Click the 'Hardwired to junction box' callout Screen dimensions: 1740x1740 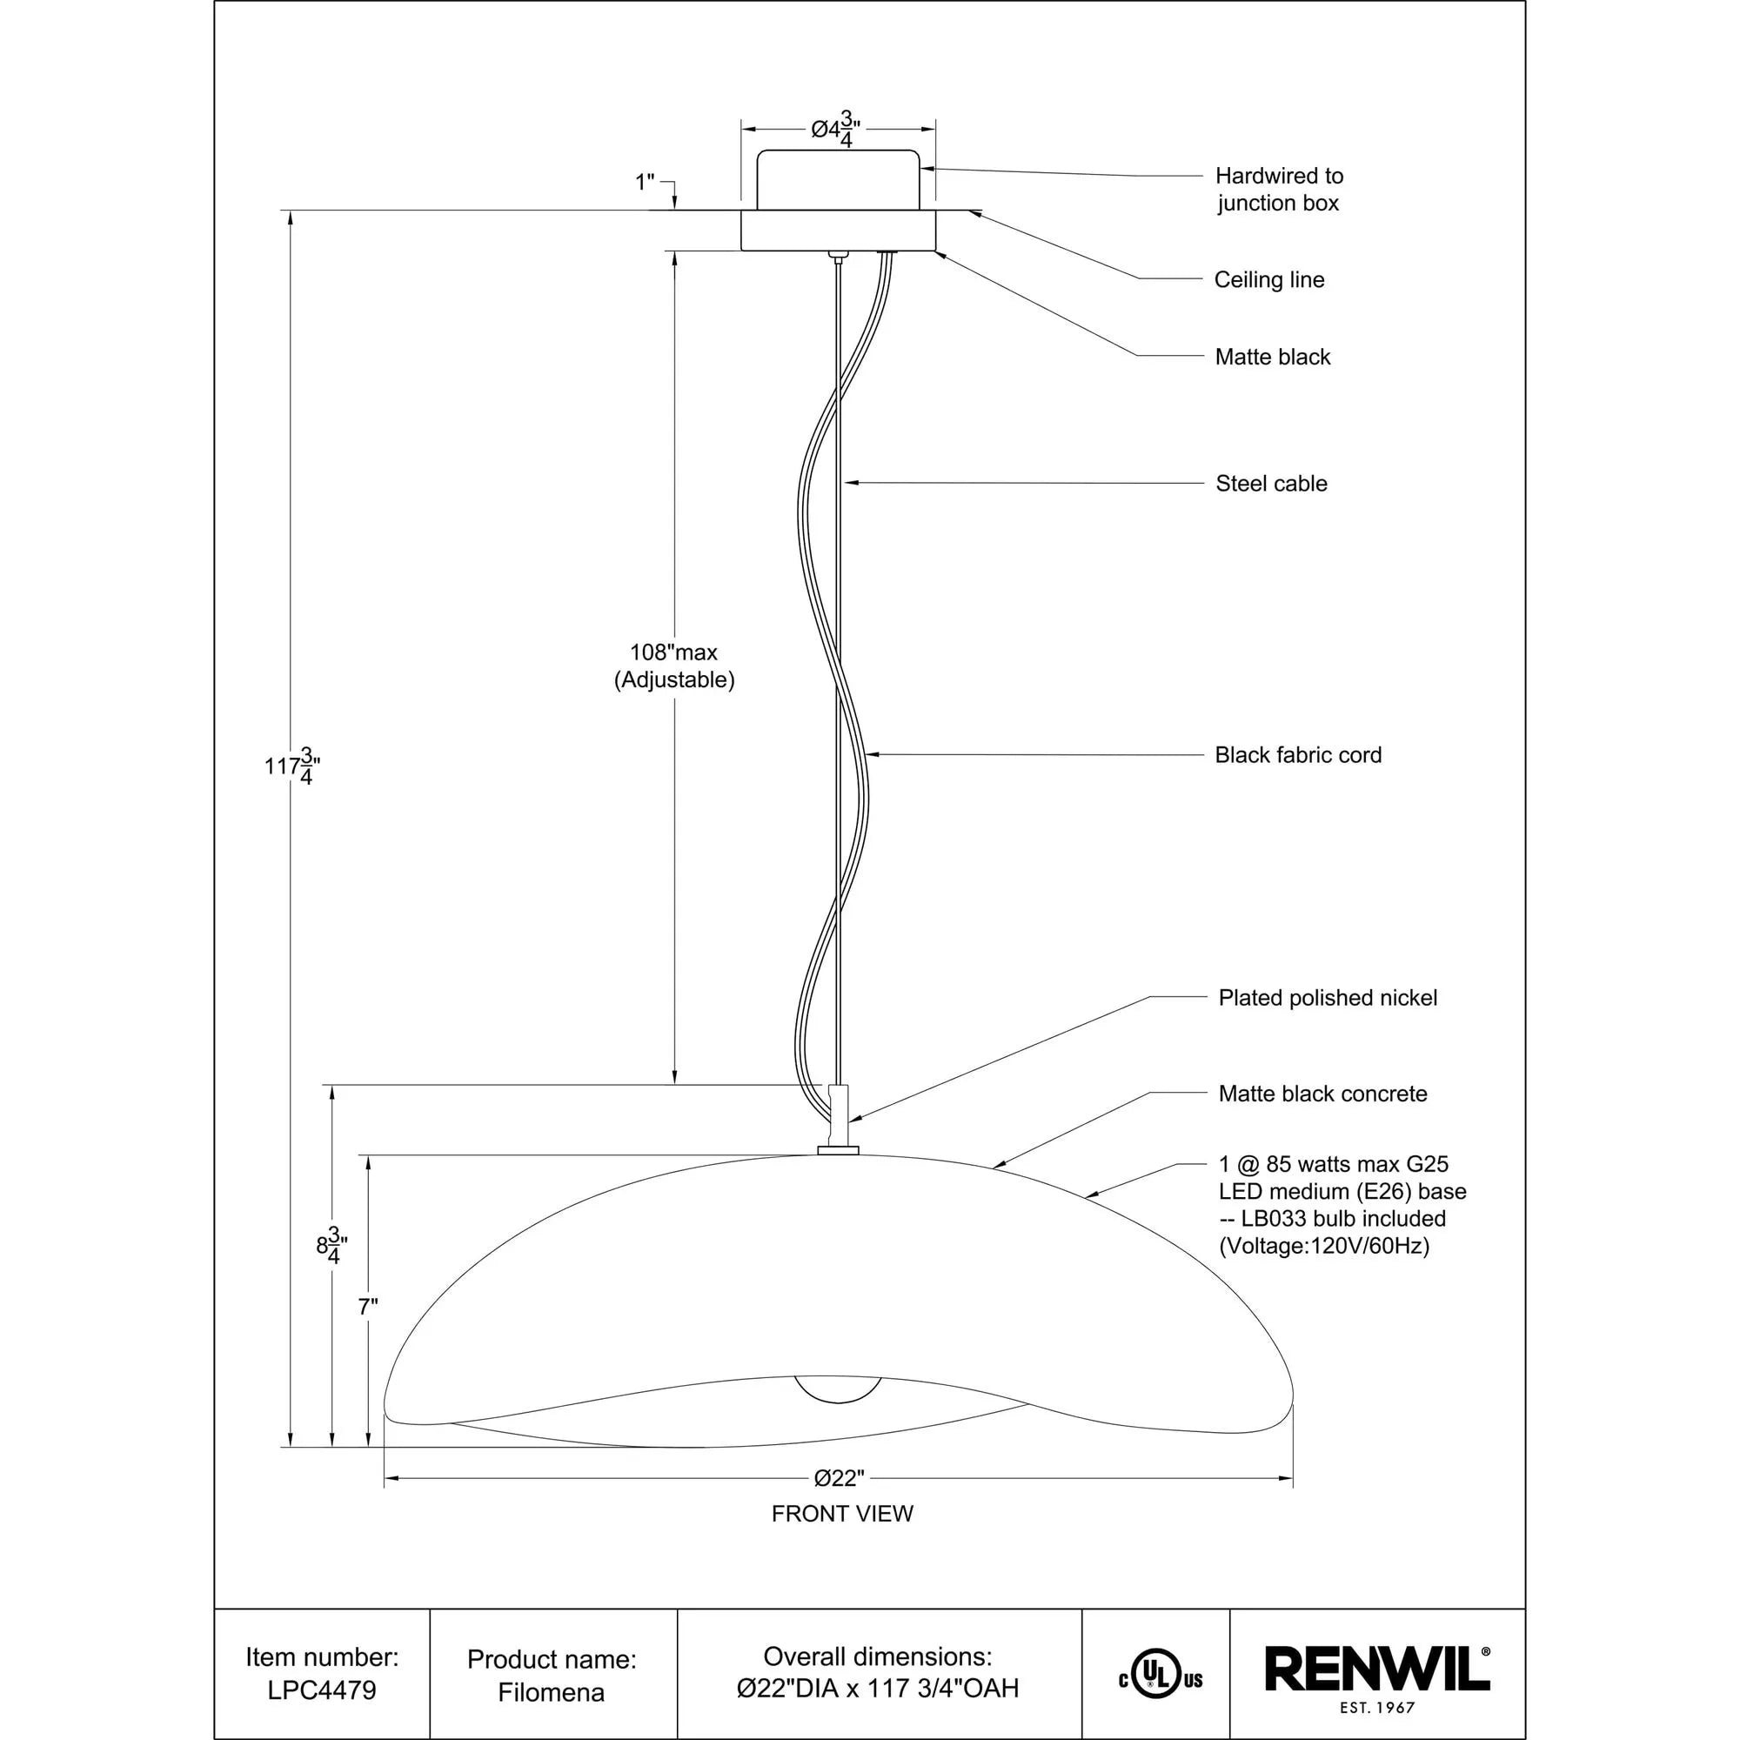pos(1278,189)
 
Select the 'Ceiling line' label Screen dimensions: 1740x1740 pos(1269,280)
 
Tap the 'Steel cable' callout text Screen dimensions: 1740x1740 pos(1271,484)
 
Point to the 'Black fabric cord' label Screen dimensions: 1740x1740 pos(1298,754)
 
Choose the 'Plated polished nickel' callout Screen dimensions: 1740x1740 pos(1328,998)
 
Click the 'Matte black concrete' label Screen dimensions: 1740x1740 pos(1322,1094)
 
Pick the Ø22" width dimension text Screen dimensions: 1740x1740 pos(840,1478)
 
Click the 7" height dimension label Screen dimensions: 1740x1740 pos(367,1307)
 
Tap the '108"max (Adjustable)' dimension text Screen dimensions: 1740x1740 pos(673,666)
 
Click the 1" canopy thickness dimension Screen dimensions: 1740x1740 pos(645,183)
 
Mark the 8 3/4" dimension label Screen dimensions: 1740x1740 pos(331,1247)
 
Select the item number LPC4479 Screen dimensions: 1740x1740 pos(322,1690)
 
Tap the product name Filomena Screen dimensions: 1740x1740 pos(552,1692)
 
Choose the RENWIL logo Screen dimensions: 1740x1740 pos(1377,1670)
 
